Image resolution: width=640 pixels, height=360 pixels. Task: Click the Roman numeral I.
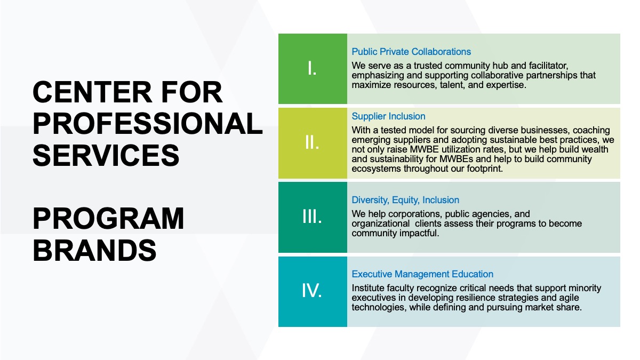click(x=312, y=69)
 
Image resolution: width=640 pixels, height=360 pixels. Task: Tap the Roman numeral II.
click(x=312, y=142)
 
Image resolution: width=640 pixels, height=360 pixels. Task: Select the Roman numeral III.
click(x=312, y=217)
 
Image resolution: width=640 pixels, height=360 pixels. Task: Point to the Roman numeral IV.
click(x=312, y=291)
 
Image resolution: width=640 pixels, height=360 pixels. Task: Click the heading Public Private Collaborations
click(x=411, y=52)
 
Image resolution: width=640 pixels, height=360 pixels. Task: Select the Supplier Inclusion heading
click(x=388, y=116)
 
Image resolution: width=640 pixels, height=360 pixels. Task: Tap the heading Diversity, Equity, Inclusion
click(x=405, y=200)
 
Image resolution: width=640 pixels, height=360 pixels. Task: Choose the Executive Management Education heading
click(x=422, y=274)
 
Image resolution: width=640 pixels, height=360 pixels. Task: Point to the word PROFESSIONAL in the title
click(x=148, y=123)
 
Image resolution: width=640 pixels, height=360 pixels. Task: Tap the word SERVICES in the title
click(x=106, y=155)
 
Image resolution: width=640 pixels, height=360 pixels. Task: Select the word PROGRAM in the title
click(x=108, y=219)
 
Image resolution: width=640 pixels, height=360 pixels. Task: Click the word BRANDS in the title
click(x=94, y=250)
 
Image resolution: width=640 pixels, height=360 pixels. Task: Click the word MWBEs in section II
click(x=456, y=159)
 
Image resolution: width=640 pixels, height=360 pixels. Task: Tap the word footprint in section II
click(x=485, y=169)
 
